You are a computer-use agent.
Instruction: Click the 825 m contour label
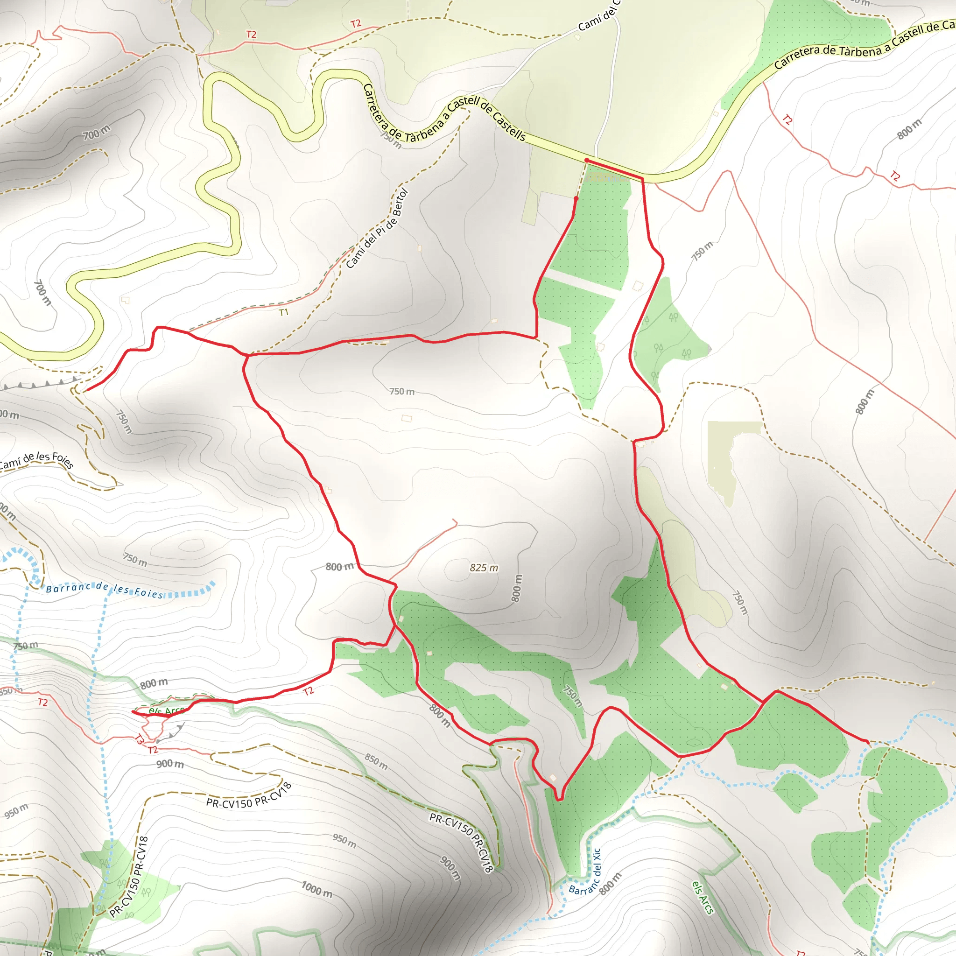[x=484, y=568]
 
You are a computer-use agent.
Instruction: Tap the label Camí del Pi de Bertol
[x=377, y=229]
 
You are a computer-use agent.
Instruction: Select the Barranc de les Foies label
[x=105, y=590]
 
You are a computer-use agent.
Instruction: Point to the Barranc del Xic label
[x=585, y=872]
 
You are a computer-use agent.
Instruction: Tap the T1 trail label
[x=283, y=312]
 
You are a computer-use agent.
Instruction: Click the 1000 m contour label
[x=316, y=889]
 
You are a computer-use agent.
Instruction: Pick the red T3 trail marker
[x=139, y=740]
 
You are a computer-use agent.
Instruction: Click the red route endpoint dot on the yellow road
[x=586, y=160]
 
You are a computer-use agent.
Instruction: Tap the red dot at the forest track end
[x=576, y=198]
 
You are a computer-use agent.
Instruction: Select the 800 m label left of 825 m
[x=339, y=567]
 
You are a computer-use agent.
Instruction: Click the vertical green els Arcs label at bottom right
[x=703, y=898]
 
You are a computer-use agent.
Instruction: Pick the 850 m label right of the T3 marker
[x=376, y=761]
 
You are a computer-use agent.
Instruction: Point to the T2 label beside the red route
[x=308, y=691]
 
